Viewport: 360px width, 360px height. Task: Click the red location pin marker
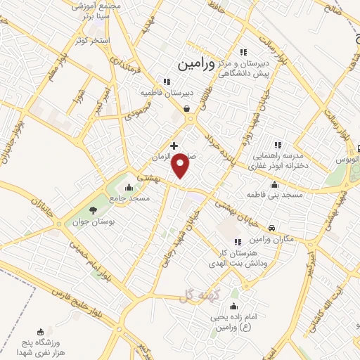point(181,165)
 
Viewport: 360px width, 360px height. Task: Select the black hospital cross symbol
point(174,146)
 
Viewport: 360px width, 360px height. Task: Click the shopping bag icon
point(186,108)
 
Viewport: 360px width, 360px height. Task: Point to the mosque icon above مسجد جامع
point(128,188)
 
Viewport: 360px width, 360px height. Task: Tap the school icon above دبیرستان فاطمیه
point(167,80)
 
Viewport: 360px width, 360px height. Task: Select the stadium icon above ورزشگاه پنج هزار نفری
point(40,333)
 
